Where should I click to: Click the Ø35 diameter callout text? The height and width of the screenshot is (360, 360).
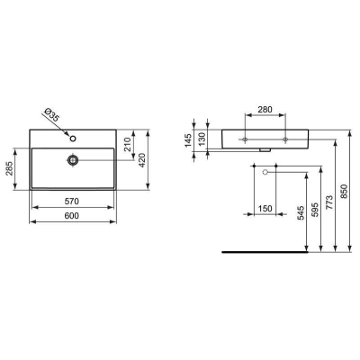point(52,117)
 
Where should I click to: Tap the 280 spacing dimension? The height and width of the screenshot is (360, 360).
point(265,110)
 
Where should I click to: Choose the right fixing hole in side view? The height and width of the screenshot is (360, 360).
point(285,140)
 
